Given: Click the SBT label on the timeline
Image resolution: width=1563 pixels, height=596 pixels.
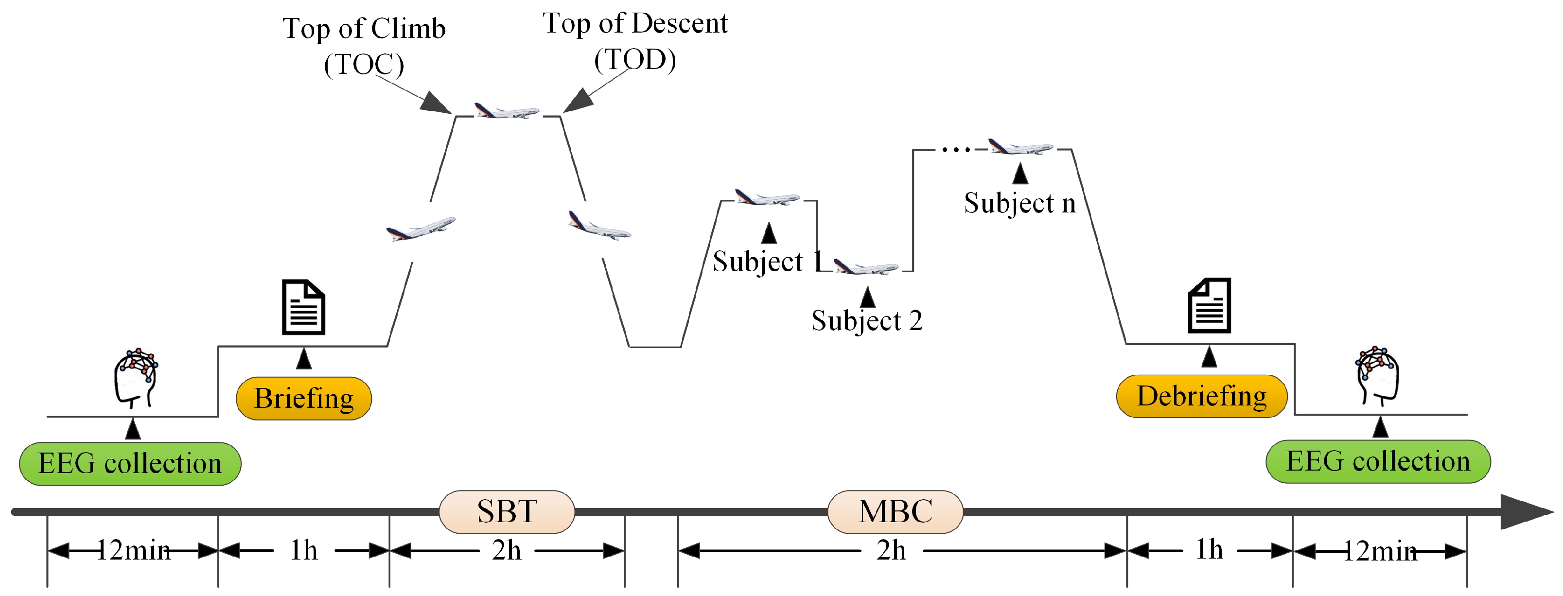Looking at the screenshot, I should click(x=507, y=511).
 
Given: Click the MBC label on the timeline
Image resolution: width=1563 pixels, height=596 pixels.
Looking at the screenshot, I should click(x=895, y=511).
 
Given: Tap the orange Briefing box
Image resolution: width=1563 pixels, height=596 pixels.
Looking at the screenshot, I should click(x=303, y=399).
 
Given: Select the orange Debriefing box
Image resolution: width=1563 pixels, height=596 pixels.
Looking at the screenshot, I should click(x=1201, y=396).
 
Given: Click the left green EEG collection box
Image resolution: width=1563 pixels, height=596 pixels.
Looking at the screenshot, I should click(x=130, y=464).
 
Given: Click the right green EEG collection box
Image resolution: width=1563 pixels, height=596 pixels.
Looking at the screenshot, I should click(x=1378, y=461).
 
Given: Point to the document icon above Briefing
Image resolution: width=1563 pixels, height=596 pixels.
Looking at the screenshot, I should click(x=303, y=307).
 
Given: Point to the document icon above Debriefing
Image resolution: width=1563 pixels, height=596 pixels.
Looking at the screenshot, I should click(x=1209, y=306).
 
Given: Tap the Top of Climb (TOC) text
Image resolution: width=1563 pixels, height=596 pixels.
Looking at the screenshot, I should click(x=364, y=46).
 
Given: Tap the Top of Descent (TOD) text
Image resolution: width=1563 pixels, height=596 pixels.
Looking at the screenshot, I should click(x=635, y=41).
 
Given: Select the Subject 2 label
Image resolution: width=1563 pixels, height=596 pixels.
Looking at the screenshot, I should click(x=867, y=320).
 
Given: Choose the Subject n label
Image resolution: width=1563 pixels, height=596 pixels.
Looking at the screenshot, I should click(x=1020, y=203).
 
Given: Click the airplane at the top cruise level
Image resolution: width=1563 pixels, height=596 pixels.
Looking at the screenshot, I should click(x=507, y=112).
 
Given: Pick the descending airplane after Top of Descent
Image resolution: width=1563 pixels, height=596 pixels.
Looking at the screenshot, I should click(x=599, y=227).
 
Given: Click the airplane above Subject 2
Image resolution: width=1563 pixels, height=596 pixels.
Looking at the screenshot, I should click(x=866, y=266).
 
